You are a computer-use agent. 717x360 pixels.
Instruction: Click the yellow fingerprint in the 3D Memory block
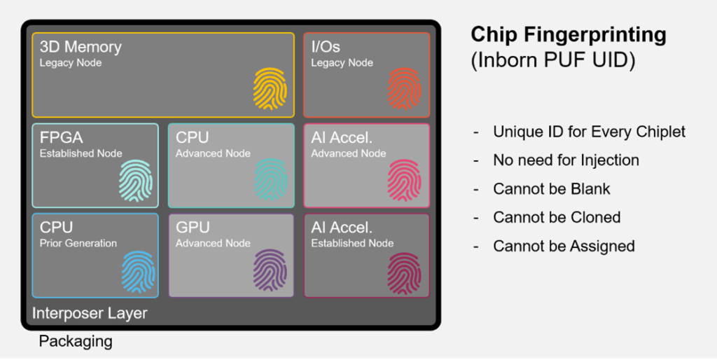click(x=270, y=89)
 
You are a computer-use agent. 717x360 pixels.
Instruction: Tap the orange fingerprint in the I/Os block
click(x=405, y=89)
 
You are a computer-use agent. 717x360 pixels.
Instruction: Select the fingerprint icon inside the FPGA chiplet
click(x=135, y=181)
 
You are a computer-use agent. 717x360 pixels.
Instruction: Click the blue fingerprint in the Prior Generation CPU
click(x=138, y=272)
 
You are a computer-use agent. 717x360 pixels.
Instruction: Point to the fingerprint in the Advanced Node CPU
click(x=270, y=179)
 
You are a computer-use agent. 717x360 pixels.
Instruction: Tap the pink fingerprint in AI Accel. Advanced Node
click(x=405, y=179)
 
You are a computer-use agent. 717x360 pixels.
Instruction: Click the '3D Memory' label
click(x=81, y=47)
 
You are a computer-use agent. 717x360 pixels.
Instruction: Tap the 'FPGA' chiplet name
click(x=61, y=137)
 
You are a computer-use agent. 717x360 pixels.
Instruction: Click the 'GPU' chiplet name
click(x=192, y=228)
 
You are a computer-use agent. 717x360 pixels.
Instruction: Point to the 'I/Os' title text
click(x=326, y=47)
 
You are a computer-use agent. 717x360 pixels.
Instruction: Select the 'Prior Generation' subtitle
click(x=78, y=243)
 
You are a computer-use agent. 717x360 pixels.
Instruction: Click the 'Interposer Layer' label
click(x=90, y=312)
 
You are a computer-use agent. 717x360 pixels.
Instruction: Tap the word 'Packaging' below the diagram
click(x=76, y=341)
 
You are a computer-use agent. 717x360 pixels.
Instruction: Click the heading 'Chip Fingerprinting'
click(x=569, y=34)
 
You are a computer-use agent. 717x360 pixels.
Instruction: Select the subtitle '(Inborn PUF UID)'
click(x=552, y=60)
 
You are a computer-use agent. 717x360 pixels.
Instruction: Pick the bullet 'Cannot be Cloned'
click(x=557, y=217)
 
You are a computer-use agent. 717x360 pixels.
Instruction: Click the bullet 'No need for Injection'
click(x=566, y=160)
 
